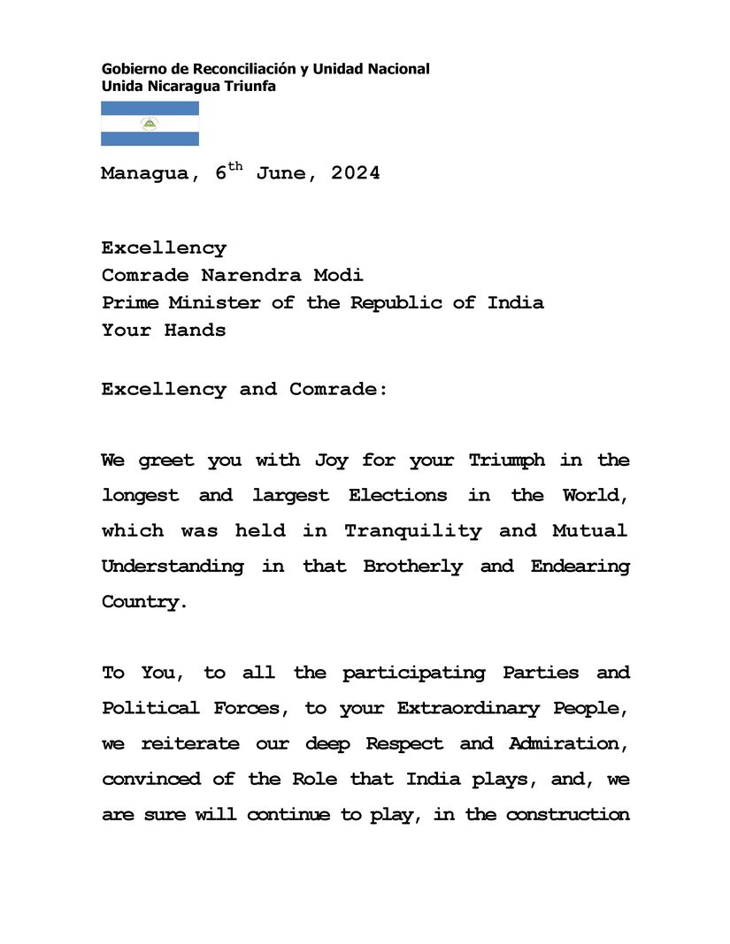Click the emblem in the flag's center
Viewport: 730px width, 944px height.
coord(150,124)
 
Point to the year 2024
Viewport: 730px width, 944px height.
coord(356,173)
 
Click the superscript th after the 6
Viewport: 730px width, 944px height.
coord(234,166)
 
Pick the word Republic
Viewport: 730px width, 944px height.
coord(395,302)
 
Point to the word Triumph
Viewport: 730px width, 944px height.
coord(507,460)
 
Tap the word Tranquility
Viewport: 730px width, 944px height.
coord(413,530)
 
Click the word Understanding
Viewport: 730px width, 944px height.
coord(173,566)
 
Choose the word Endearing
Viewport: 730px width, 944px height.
coord(580,566)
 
